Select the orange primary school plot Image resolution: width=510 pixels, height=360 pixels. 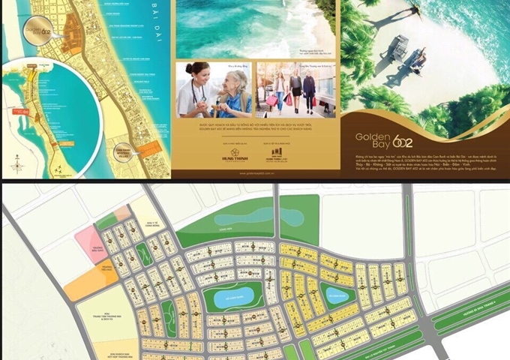(91, 280)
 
